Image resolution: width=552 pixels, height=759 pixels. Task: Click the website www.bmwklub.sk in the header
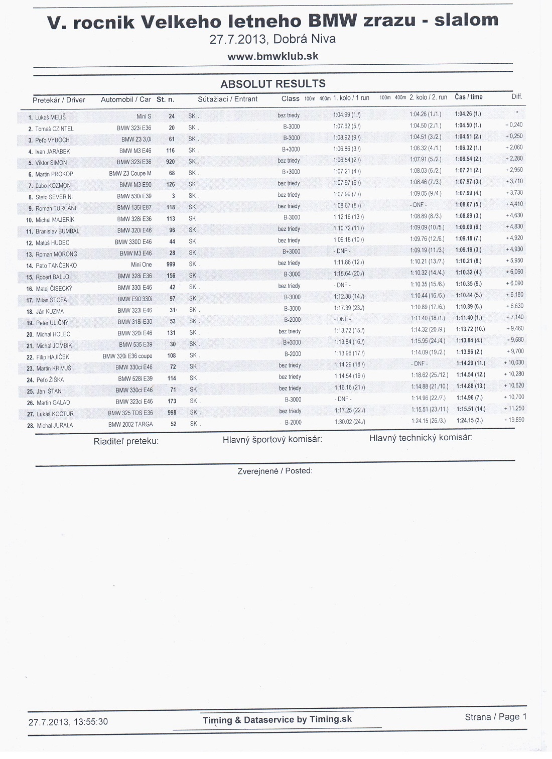[273, 57]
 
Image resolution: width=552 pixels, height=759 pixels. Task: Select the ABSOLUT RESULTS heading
[273, 84]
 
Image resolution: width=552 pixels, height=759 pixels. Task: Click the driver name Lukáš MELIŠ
[50, 117]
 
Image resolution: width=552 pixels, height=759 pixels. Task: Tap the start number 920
[171, 162]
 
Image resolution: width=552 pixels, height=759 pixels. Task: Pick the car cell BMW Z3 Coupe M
[130, 174]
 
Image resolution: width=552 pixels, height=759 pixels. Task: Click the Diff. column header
[517, 96]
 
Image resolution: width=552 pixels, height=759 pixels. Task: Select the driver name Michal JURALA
[55, 426]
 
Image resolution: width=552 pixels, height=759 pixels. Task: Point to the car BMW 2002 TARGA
[130, 425]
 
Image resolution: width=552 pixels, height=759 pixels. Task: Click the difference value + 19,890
[514, 420]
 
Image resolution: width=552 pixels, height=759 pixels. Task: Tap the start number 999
[171, 265]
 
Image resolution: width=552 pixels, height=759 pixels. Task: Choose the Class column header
[290, 99]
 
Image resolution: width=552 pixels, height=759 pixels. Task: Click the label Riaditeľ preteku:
[126, 441]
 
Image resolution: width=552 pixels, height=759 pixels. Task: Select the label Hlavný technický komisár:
[421, 438]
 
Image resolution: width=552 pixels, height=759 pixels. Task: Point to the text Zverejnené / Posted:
[275, 471]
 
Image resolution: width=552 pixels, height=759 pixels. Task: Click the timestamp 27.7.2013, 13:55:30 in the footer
[68, 722]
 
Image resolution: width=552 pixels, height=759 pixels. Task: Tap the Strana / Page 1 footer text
[496, 717]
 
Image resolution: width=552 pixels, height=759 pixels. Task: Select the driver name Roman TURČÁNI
[56, 208]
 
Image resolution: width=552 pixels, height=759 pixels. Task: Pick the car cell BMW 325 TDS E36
[130, 413]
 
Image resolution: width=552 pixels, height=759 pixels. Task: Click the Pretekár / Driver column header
[59, 100]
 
